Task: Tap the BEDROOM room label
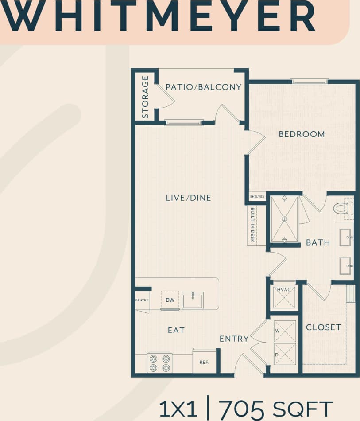[302, 134]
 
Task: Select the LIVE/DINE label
[189, 198]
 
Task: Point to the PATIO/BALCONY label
[203, 87]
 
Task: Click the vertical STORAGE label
[145, 97]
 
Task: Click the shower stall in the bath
[284, 218]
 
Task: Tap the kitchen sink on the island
[193, 300]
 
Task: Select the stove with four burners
[159, 363]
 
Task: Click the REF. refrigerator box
[204, 362]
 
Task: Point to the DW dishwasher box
[170, 300]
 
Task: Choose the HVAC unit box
[284, 296]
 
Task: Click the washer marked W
[285, 331]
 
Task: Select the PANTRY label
[142, 300]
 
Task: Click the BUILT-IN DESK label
[252, 225]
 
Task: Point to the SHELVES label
[257, 196]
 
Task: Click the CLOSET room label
[324, 327]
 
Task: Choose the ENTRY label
[234, 339]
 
